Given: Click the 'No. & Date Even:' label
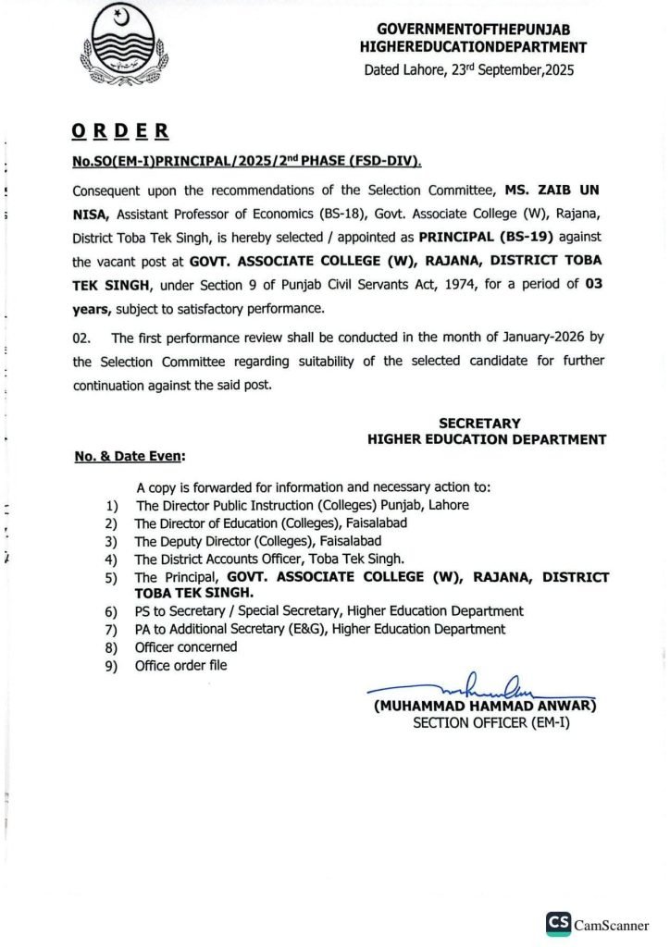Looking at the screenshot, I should (129, 456).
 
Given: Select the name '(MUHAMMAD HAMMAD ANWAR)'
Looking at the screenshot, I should (486, 706).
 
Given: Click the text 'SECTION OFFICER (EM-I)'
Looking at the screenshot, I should (491, 721).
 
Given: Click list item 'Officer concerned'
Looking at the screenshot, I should (186, 646).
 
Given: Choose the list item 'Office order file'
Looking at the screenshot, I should (180, 665).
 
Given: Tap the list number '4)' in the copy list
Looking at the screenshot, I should (112, 560).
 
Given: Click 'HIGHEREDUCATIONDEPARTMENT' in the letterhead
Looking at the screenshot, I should (474, 46).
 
